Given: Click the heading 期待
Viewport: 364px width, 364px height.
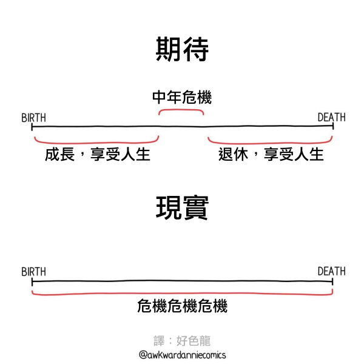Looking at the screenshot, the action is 182,49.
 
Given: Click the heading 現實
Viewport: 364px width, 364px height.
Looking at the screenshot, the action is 182,207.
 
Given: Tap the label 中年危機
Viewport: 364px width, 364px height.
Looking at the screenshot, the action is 182,97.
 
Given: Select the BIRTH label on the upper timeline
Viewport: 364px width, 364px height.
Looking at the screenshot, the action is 33,118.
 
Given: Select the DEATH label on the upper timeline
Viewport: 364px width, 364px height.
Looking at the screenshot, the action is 331,117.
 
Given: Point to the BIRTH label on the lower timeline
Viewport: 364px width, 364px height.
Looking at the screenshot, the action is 33,272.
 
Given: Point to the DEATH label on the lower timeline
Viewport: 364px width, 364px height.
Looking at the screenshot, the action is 331,271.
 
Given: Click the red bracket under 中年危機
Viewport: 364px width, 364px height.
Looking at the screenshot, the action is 181,110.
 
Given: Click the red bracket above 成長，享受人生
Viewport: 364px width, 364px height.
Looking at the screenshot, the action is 96,143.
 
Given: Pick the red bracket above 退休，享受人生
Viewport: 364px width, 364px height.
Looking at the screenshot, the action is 271,143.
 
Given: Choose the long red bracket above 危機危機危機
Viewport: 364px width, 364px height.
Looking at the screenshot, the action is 182,294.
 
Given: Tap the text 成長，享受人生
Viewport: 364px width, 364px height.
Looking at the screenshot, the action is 98,154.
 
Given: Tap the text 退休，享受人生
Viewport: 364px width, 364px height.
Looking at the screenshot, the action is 271,154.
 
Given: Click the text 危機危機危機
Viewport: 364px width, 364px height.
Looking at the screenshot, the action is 182,306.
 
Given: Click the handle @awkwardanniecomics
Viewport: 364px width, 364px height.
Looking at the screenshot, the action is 182,355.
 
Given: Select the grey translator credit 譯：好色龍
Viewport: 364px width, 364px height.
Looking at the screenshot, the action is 182,340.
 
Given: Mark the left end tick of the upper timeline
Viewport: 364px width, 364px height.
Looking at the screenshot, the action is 32,127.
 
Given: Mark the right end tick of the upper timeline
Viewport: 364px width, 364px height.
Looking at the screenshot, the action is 333,126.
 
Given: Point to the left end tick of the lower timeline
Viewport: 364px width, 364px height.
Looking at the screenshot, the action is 32,281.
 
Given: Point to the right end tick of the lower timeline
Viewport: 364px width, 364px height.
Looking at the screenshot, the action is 332,281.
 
